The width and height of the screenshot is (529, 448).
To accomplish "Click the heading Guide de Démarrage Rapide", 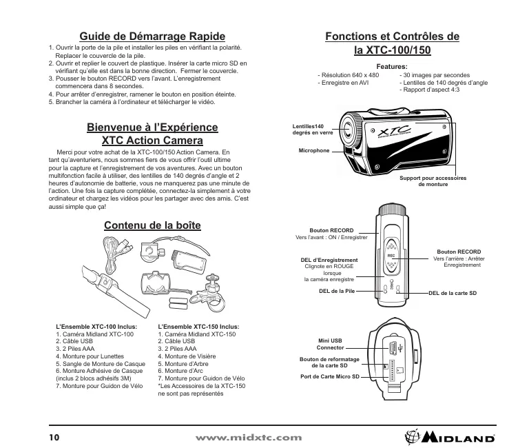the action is click(x=152, y=36).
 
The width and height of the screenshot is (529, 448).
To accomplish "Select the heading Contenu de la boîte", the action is click(x=152, y=225).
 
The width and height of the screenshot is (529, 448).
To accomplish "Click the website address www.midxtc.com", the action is click(x=249, y=437).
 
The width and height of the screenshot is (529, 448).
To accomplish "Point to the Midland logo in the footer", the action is click(x=450, y=436).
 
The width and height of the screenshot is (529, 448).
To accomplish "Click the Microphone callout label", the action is click(x=313, y=150).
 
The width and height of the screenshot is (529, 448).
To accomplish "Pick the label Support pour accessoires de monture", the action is click(x=433, y=182).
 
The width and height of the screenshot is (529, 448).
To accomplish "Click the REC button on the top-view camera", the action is click(x=390, y=254).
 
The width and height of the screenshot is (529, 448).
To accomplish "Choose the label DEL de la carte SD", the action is click(x=453, y=294).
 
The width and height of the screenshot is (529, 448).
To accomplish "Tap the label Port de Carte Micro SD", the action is click(x=331, y=377).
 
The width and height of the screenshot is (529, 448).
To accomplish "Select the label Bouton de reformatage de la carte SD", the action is click(x=330, y=363).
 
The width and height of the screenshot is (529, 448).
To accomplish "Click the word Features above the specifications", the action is click(x=393, y=66).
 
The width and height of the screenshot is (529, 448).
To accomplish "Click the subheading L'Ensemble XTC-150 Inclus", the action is click(x=198, y=327).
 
